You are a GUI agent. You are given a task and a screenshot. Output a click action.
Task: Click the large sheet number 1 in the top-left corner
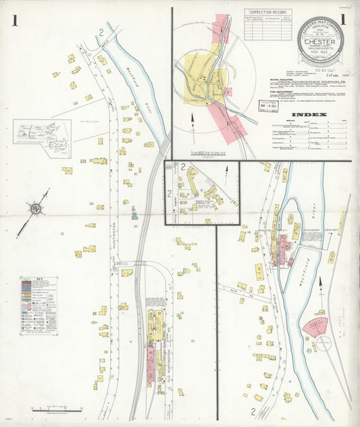pyautogui.click(x=15, y=21)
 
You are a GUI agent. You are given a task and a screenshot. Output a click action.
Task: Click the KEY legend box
pyautogui.click(x=38, y=305)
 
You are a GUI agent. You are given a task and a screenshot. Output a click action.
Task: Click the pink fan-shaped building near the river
pyautogui.click(x=314, y=326)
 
